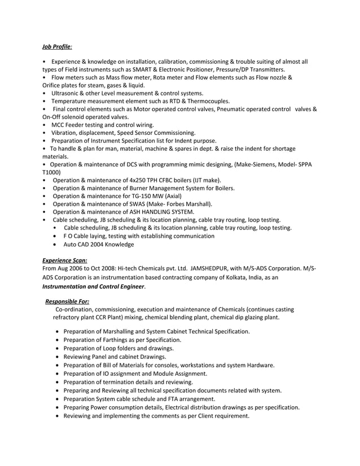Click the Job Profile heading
(x=58, y=47)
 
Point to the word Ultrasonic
(x=66, y=93)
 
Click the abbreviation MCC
(x=59, y=124)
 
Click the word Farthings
(x=121, y=340)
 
